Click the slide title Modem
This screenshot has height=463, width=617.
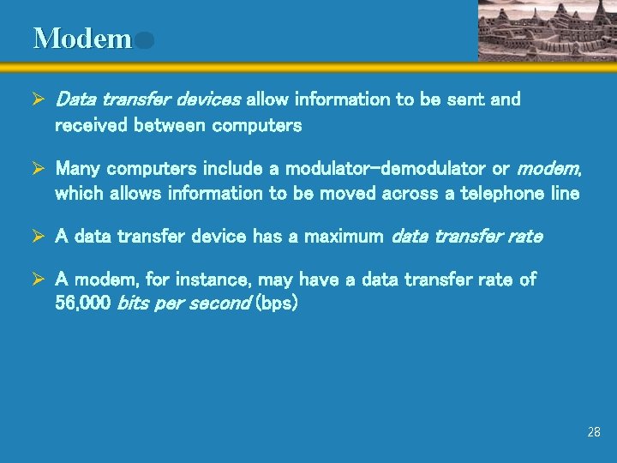82,39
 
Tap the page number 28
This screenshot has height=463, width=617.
594,432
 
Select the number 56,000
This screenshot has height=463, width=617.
83,304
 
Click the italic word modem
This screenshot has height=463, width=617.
548,169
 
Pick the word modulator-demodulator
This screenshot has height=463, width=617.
387,169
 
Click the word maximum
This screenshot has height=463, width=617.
343,236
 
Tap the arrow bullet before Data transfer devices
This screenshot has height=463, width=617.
39,100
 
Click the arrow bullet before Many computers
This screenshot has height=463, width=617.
39,169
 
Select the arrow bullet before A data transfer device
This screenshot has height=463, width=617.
39,236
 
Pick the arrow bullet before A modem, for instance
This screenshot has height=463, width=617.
39,280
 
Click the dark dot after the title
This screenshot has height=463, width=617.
144,40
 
